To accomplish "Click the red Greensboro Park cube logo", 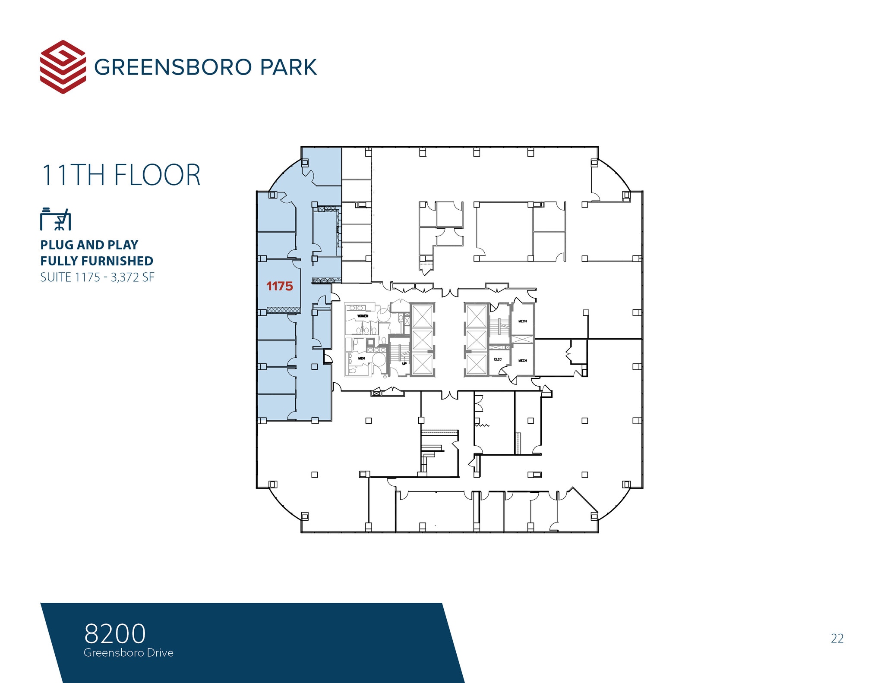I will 63,67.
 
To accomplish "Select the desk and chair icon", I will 56,219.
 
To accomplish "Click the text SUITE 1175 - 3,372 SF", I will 97,277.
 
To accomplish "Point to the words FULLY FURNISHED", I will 97,261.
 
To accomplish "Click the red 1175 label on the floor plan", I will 280,286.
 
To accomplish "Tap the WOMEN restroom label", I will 363,316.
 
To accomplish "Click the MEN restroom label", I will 361,358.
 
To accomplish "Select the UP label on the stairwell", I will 404,364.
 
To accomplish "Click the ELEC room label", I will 498,359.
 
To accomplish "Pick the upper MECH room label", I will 523,321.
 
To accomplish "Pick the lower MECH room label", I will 523,361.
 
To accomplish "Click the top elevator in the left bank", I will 422,316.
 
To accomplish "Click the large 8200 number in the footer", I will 115,633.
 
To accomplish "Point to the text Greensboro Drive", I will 129,653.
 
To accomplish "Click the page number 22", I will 837,638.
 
